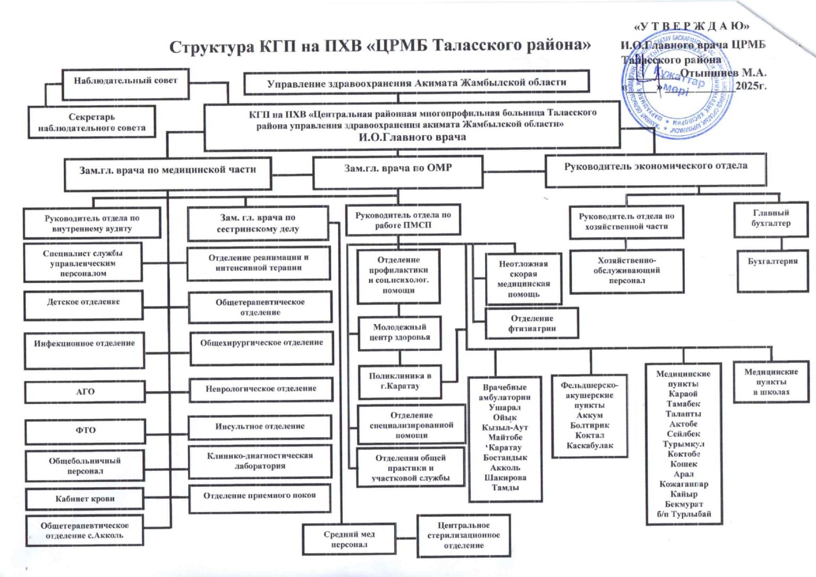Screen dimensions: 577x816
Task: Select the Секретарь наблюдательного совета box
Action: click(91, 122)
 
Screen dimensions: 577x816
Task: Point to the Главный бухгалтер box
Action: click(770, 219)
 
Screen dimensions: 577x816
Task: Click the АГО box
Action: click(85, 392)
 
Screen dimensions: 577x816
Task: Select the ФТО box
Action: click(85, 430)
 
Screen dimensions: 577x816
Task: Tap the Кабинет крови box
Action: click(85, 499)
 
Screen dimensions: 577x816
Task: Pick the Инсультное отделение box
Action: click(260, 427)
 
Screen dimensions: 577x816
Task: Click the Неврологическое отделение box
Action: click(261, 389)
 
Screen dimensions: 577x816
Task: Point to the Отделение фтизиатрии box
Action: click(532, 323)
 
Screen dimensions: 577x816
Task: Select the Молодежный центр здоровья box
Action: click(399, 333)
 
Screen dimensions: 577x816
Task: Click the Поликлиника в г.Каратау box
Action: click(399, 381)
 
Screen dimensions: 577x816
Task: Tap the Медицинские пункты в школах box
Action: click(771, 382)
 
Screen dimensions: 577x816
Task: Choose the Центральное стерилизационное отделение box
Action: click(463, 535)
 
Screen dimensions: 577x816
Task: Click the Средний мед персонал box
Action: click(349, 539)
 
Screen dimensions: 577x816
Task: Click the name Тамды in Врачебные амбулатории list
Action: click(505, 488)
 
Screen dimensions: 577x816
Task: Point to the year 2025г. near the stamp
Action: click(751, 85)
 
